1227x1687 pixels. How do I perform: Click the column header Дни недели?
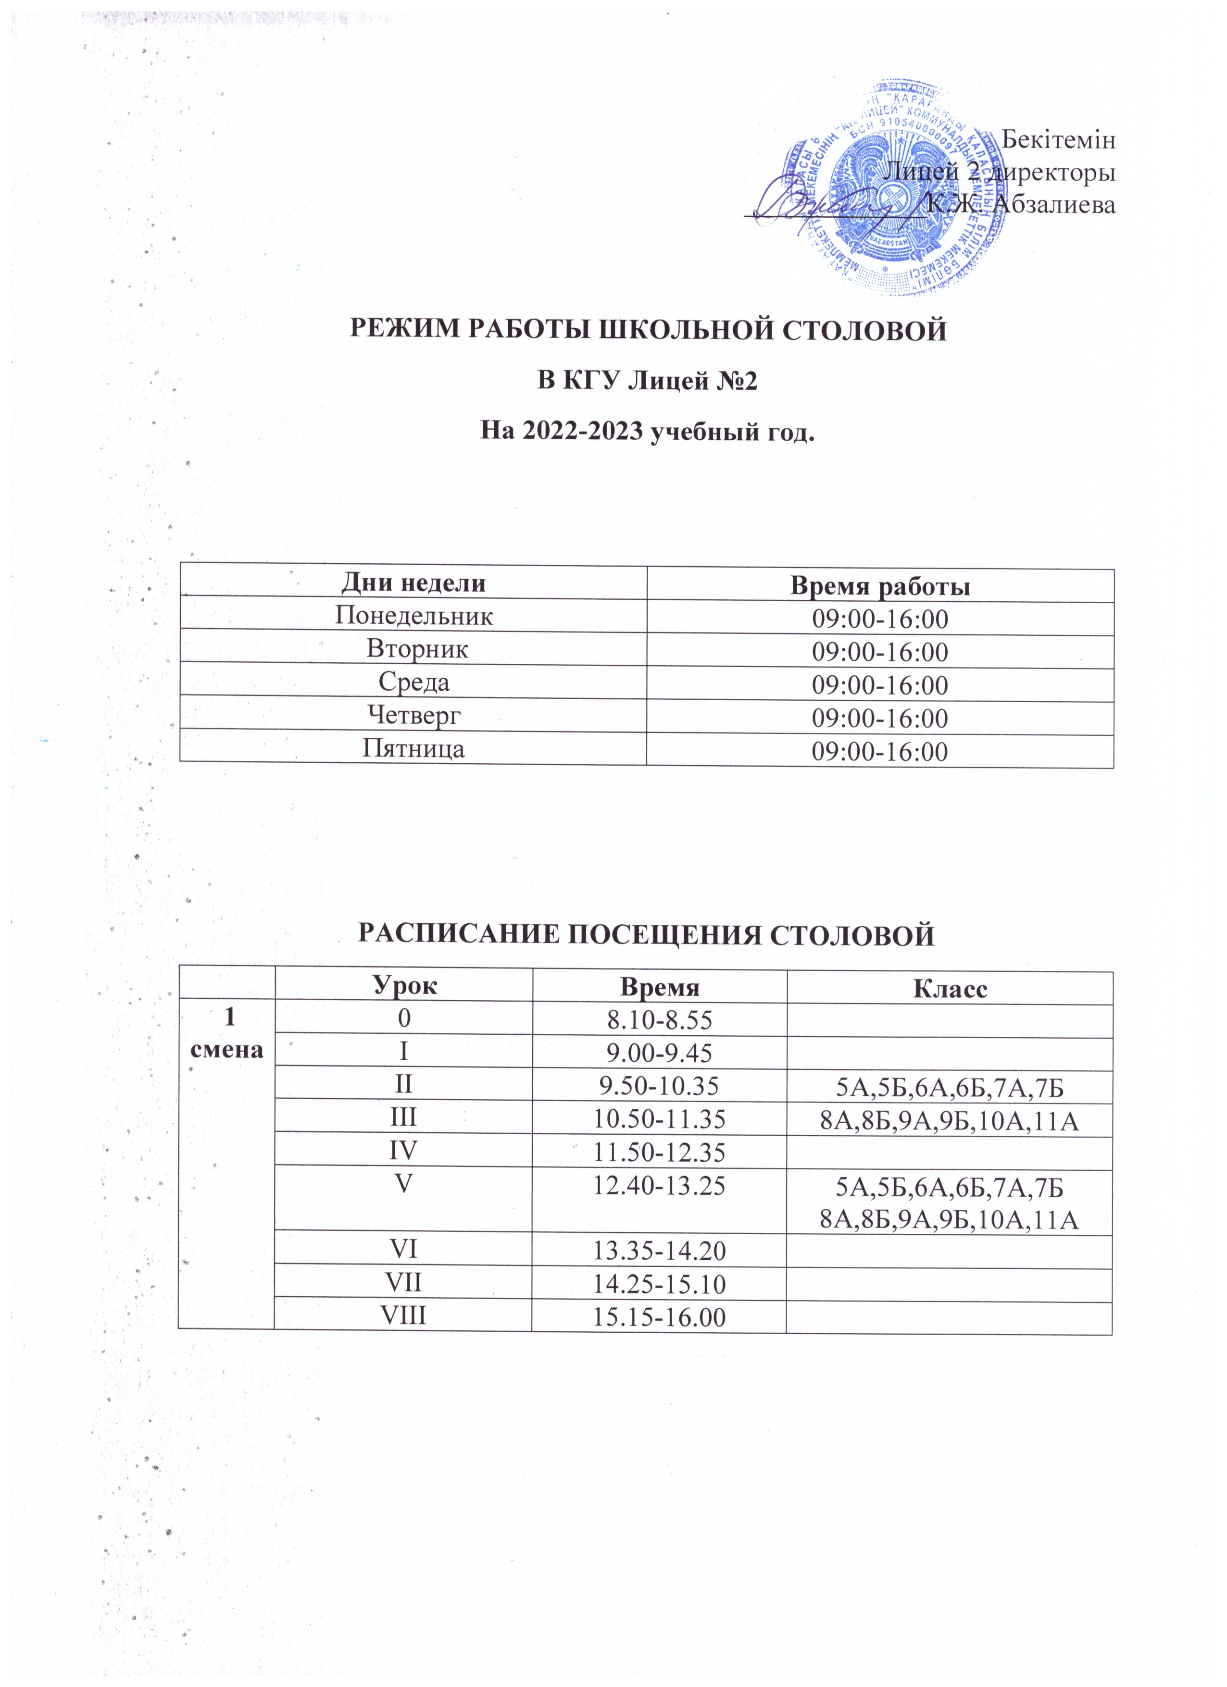pyautogui.click(x=413, y=583)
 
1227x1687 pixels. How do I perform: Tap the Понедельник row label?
pyautogui.click(x=413, y=616)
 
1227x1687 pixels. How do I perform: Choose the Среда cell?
pyautogui.click(x=413, y=682)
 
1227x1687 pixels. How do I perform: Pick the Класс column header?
pyautogui.click(x=950, y=989)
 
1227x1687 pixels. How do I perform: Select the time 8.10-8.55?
pyautogui.click(x=659, y=1020)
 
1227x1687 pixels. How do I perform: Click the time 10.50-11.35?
pyautogui.click(x=659, y=1119)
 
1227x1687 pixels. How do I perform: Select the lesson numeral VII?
pyautogui.click(x=403, y=1282)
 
